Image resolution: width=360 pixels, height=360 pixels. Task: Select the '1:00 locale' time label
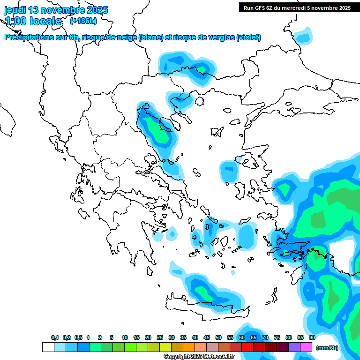(x=33, y=21)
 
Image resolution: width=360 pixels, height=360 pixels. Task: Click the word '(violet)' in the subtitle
(x=248, y=37)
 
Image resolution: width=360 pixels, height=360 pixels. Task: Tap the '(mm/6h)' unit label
(x=327, y=347)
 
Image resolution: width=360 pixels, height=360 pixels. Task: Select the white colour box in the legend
(x=48, y=347)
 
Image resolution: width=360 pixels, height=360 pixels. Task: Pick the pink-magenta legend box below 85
(x=306, y=347)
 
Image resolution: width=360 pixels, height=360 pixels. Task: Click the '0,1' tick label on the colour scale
(x=54, y=337)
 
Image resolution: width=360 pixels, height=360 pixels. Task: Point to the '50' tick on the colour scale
(x=218, y=337)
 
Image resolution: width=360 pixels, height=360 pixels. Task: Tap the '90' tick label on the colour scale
(x=312, y=337)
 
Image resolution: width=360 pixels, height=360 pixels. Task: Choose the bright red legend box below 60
(x=247, y=347)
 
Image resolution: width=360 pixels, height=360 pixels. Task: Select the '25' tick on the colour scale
(x=160, y=337)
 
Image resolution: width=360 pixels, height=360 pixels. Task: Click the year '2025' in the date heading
(x=97, y=10)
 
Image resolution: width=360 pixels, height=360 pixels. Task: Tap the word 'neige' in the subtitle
(x=128, y=37)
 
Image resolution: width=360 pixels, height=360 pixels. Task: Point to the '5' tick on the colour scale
(x=112, y=337)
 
